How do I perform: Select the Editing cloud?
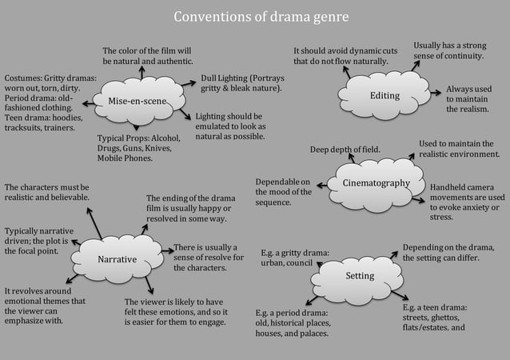384,95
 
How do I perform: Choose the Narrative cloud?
117,259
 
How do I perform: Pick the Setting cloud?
360,276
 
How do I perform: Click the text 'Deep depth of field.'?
345,149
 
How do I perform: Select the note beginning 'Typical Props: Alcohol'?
139,147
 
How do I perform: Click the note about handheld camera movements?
467,202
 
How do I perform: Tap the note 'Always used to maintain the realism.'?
468,98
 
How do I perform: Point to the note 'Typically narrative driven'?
38,241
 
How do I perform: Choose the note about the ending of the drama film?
190,208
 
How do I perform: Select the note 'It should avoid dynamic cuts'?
345,55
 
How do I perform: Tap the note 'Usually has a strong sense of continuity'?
449,50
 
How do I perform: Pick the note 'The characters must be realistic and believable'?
46,191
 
